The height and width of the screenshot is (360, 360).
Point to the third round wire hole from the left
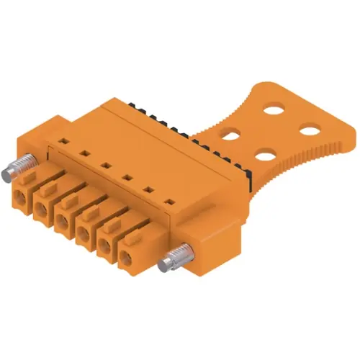(63, 221)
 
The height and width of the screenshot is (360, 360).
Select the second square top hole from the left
(84, 153)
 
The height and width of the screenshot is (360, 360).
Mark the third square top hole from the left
(105, 165)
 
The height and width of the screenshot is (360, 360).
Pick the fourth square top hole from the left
(127, 176)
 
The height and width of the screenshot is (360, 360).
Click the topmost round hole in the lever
(274, 111)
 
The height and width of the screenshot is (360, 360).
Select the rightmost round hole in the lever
(310, 130)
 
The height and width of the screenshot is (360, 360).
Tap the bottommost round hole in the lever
(266, 153)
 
